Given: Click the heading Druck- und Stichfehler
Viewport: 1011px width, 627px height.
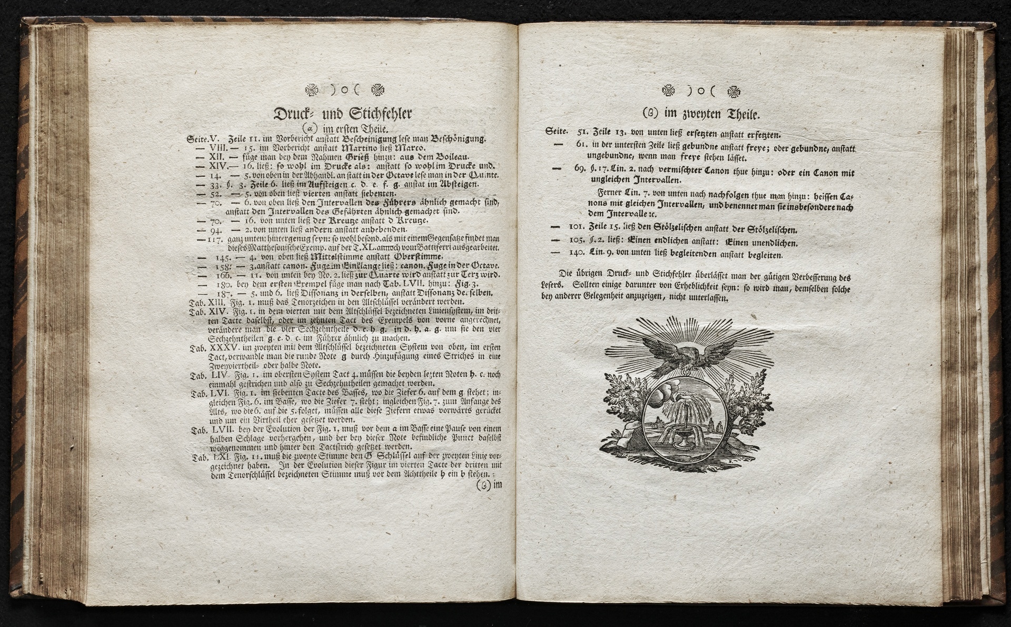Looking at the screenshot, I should [x=343, y=114].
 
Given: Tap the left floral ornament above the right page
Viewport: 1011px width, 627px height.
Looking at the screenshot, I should [x=668, y=91].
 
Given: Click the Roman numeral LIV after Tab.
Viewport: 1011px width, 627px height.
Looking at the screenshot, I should [x=217, y=375].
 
